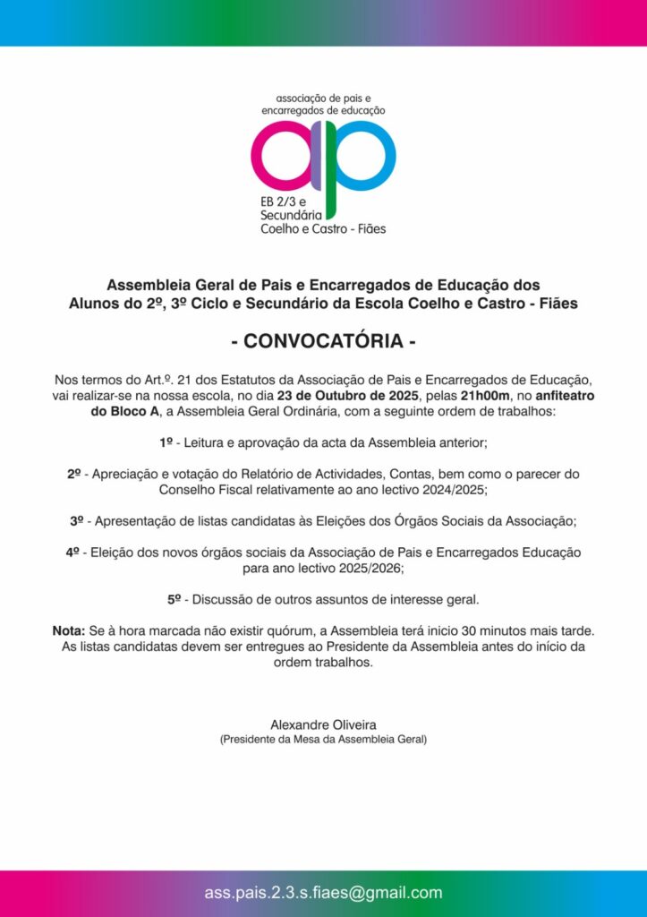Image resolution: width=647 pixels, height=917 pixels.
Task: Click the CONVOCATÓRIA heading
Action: tap(323, 342)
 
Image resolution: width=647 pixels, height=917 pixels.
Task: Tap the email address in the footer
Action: tap(323, 893)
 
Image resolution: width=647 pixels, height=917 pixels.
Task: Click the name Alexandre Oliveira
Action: tap(323, 724)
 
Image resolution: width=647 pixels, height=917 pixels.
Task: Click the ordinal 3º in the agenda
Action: tap(78, 520)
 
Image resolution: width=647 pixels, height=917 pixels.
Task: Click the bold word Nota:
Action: tap(69, 632)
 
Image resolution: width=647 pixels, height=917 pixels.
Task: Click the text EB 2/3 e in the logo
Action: tap(283, 201)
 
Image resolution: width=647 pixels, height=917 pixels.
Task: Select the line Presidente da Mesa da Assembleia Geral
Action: tap(323, 740)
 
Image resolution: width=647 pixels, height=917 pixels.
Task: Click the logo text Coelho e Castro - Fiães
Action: tap(322, 229)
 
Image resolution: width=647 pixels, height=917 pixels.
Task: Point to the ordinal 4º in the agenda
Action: tap(73, 553)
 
